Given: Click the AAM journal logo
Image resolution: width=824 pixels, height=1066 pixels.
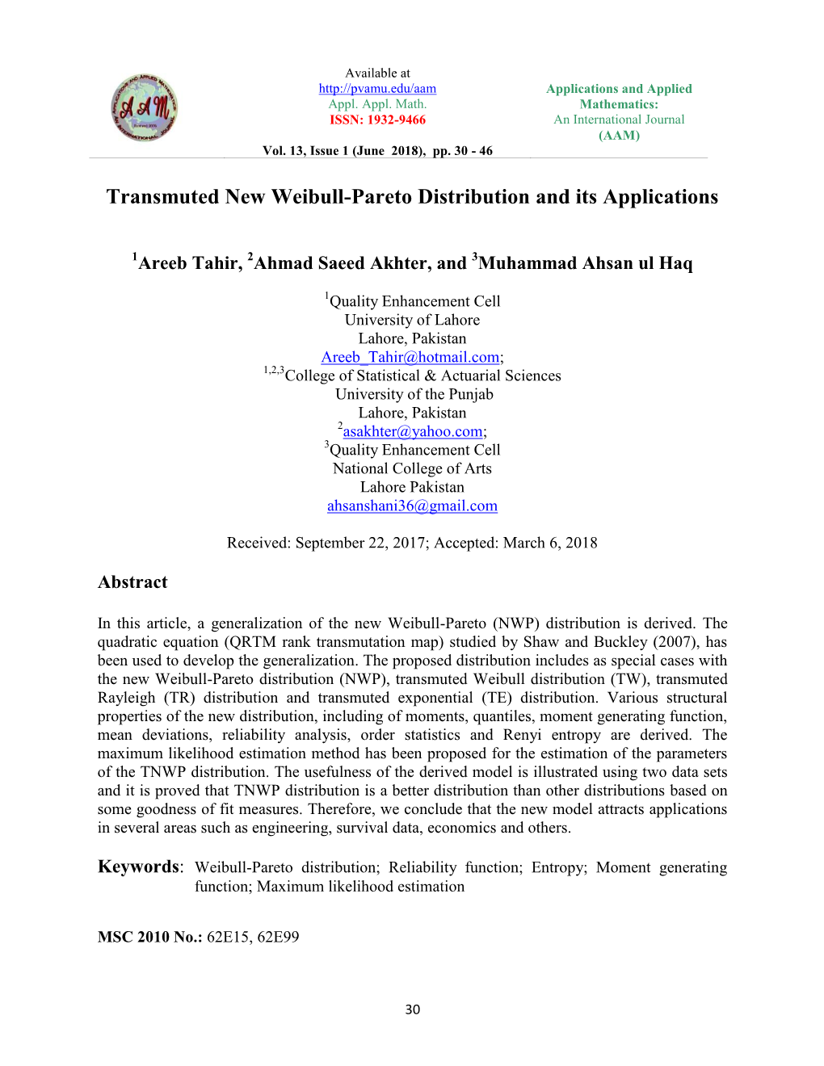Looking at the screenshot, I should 145,107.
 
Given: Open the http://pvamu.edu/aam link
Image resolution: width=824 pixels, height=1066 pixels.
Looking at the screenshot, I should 377,89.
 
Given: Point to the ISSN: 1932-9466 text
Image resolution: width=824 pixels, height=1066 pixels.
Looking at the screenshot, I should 377,120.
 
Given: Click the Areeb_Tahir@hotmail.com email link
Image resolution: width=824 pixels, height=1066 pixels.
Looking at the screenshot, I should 410,357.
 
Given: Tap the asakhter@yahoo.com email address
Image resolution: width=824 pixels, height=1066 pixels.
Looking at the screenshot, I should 412,432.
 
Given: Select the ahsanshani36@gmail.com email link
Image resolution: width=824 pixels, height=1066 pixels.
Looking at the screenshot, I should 412,506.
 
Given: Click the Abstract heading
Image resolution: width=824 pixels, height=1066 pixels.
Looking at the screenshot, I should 132,582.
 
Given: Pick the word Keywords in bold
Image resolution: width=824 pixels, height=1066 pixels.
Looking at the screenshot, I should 138,867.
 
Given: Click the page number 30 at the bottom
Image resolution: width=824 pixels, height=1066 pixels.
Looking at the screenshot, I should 413,1009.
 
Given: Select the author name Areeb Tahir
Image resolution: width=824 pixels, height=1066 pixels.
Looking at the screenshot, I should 189,263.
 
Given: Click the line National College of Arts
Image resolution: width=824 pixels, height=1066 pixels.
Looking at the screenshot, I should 412,468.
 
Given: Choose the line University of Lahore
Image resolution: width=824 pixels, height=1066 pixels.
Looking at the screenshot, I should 412,320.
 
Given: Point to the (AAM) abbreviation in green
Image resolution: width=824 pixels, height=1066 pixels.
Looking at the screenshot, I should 619,136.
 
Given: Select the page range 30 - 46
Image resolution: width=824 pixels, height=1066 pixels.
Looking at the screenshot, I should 474,151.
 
